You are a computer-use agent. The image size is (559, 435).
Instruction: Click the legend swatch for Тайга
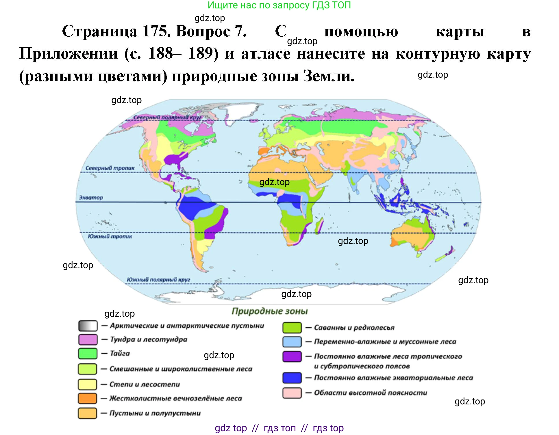pos(88,354)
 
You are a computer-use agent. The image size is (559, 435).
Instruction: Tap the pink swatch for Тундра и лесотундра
pos(88,339)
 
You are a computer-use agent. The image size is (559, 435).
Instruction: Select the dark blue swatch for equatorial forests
pos(292,378)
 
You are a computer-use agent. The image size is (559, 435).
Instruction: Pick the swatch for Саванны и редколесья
pos(292,328)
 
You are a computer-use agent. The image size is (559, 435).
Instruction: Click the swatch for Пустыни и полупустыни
pos(87,413)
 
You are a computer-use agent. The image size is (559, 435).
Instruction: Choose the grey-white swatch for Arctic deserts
pos(88,326)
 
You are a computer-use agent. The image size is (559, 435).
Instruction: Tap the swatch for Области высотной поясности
pos(292,393)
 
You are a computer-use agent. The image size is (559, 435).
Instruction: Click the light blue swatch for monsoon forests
pos(292,342)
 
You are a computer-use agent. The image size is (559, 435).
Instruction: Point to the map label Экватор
pos(91,198)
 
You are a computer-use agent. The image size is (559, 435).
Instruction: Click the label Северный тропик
pos(110,168)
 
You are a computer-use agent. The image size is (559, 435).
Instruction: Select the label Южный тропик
pos(110,236)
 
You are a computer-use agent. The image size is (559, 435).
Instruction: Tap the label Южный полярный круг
pos(158,279)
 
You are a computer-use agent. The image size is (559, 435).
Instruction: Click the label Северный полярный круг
pos(167,117)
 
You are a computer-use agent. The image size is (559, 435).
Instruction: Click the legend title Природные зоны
pos(270,311)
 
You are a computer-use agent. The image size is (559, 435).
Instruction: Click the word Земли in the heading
pos(329,76)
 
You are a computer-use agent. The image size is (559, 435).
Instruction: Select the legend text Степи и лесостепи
pos(145,384)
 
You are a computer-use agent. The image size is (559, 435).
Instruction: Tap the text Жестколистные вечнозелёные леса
pos(175,398)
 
